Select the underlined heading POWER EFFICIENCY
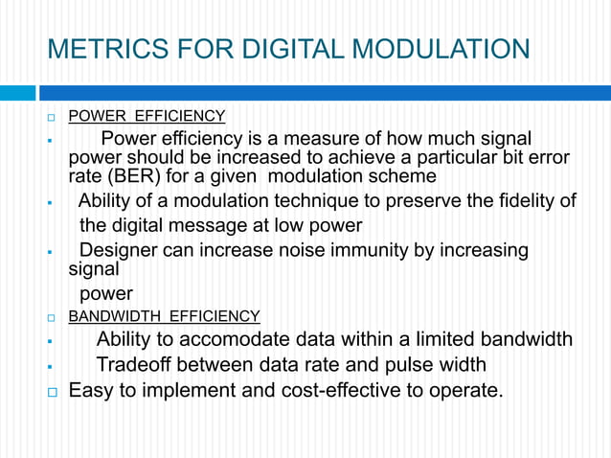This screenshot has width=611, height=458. tap(147, 117)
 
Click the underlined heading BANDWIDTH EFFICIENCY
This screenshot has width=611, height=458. tap(164, 316)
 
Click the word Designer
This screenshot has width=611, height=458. tap(119, 250)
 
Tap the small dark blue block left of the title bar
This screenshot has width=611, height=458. tap(16, 93)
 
